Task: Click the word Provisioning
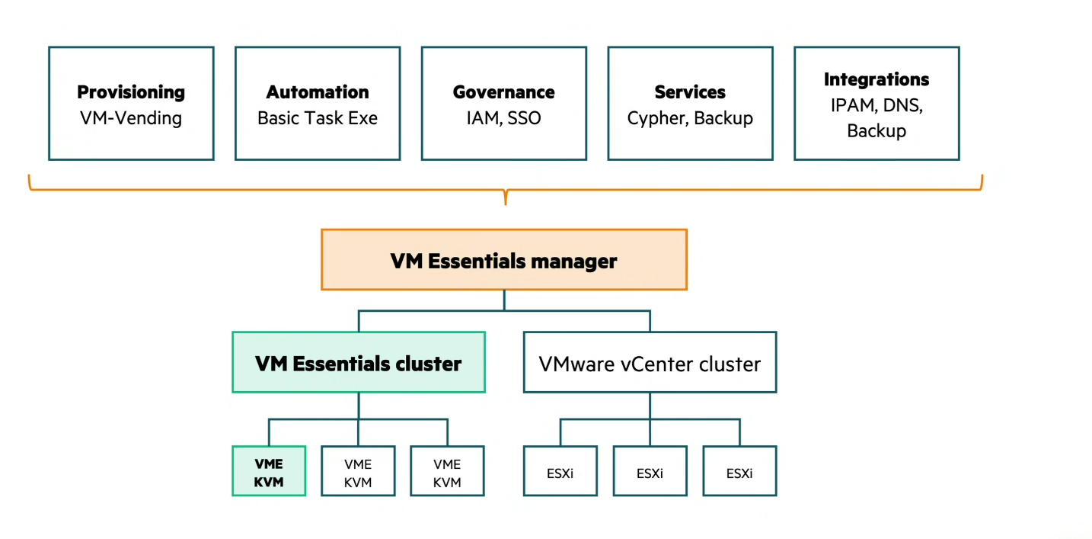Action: pyautogui.click(x=131, y=92)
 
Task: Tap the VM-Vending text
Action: pyautogui.click(x=131, y=118)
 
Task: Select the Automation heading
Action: pyautogui.click(x=318, y=92)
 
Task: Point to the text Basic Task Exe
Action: pyautogui.click(x=318, y=118)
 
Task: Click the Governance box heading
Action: pyautogui.click(x=503, y=92)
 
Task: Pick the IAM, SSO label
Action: pyautogui.click(x=503, y=118)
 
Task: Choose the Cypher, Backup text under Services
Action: pyautogui.click(x=690, y=118)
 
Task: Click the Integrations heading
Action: pyautogui.click(x=876, y=79)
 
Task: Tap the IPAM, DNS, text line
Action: pyautogui.click(x=876, y=105)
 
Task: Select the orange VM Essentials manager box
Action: pyautogui.click(x=503, y=260)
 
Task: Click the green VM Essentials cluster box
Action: pyautogui.click(x=359, y=363)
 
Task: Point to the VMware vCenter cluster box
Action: pyautogui.click(x=650, y=363)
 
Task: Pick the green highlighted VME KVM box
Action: pyautogui.click(x=269, y=472)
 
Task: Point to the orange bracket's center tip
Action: pyautogui.click(x=505, y=201)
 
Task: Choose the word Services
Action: pyautogui.click(x=690, y=92)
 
